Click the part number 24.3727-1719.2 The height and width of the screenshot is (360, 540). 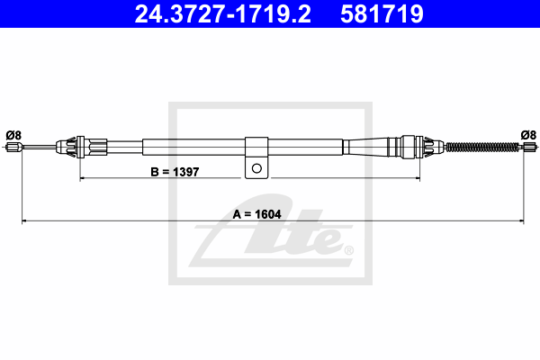223,14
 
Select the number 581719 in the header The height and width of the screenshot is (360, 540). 382,14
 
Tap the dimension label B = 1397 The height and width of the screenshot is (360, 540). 175,172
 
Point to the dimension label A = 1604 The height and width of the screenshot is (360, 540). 256,214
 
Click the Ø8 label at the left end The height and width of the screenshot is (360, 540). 13,135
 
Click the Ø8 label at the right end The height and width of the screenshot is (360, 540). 528,135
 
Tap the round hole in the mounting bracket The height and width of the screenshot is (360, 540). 256,168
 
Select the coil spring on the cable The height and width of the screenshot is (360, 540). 482,147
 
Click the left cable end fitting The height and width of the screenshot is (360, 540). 14,147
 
